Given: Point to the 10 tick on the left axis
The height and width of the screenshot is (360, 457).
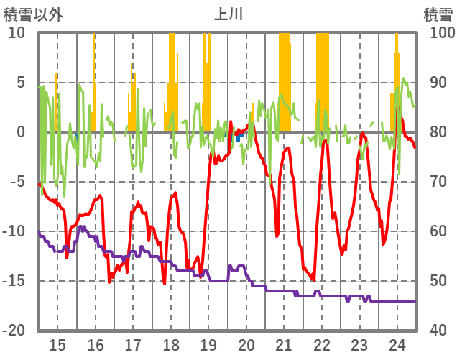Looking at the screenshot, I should coord(17,33).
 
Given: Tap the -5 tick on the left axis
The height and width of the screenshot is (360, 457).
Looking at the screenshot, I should coord(17,182).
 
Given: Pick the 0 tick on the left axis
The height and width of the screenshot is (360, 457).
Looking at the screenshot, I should coord(20,132).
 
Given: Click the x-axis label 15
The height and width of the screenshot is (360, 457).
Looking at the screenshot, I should coord(57,343).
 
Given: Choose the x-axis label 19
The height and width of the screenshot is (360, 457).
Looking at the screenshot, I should coord(208,343).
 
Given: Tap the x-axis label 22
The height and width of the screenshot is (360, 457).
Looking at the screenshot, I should coord(322,343).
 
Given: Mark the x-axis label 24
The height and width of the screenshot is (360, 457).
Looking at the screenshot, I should coord(397,343).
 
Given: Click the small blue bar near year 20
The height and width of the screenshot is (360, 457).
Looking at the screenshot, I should coord(238,137).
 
